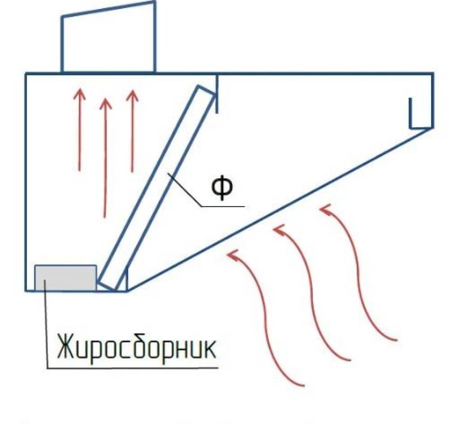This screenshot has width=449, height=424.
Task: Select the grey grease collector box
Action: tap(65, 278)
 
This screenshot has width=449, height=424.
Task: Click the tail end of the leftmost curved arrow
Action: tap(303, 385)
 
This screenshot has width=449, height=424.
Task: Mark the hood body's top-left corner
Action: tap(26, 74)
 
